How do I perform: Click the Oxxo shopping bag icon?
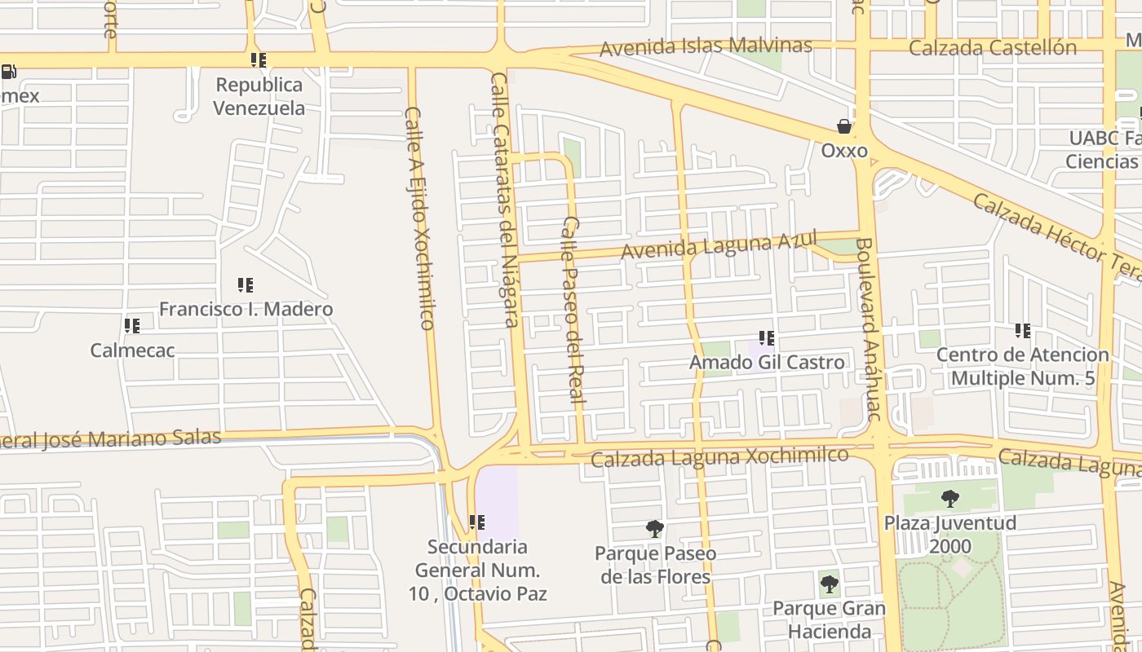click(844, 126)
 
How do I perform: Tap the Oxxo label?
click(844, 151)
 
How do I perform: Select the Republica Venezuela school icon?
click(259, 60)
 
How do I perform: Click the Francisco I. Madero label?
click(246, 310)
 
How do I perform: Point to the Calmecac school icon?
click(132, 326)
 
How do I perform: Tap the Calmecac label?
click(132, 350)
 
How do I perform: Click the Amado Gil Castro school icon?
click(767, 337)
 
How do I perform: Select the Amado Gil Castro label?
click(767, 362)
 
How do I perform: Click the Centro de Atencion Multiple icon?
click(1023, 331)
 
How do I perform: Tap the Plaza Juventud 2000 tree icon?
click(949, 498)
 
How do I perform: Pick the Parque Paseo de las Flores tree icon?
click(654, 529)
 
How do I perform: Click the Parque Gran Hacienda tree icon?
click(829, 584)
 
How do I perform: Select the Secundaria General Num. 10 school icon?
click(477, 522)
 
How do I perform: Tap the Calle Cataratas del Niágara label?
click(505, 200)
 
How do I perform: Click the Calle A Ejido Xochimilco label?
click(419, 218)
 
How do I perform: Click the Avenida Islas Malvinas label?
click(706, 46)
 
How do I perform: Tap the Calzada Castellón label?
click(992, 48)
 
